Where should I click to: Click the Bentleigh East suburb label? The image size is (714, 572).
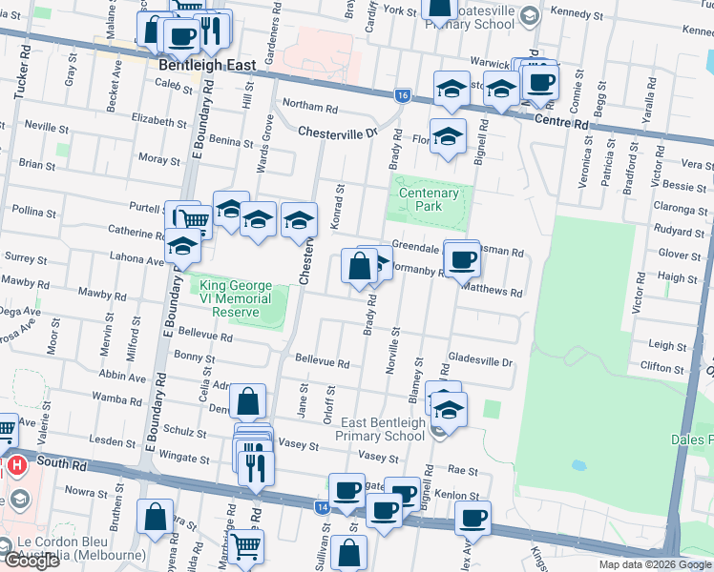pyautogui.click(x=207, y=65)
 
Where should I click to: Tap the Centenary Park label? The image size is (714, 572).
pyautogui.click(x=429, y=200)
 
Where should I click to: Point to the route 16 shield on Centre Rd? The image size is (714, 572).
pyautogui.click(x=402, y=95)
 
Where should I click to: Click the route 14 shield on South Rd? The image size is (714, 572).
pyautogui.click(x=322, y=509)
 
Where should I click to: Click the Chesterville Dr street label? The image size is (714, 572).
pyautogui.click(x=338, y=133)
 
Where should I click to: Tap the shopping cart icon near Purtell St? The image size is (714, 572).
pyautogui.click(x=195, y=221)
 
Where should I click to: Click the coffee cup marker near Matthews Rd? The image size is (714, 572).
pyautogui.click(x=464, y=258)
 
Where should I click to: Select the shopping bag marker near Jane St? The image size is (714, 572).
pyautogui.click(x=248, y=401)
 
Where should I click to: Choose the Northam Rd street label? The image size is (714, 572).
pyautogui.click(x=310, y=108)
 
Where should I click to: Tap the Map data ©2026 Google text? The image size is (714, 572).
pyautogui.click(x=655, y=564)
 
